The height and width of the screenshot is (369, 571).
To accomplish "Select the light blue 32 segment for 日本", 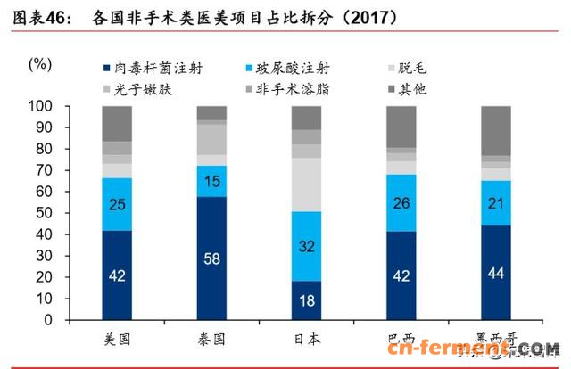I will (306, 247).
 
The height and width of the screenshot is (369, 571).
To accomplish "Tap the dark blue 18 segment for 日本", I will (306, 300).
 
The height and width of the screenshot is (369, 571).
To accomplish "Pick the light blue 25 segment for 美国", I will (117, 204).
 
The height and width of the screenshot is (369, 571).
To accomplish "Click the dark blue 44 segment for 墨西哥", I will (496, 273).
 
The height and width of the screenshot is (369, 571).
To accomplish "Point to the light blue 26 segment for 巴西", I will (401, 202).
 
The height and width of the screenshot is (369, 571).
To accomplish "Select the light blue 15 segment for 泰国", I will (211, 181).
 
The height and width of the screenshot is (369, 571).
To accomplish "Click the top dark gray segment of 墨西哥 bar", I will (496, 130).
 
